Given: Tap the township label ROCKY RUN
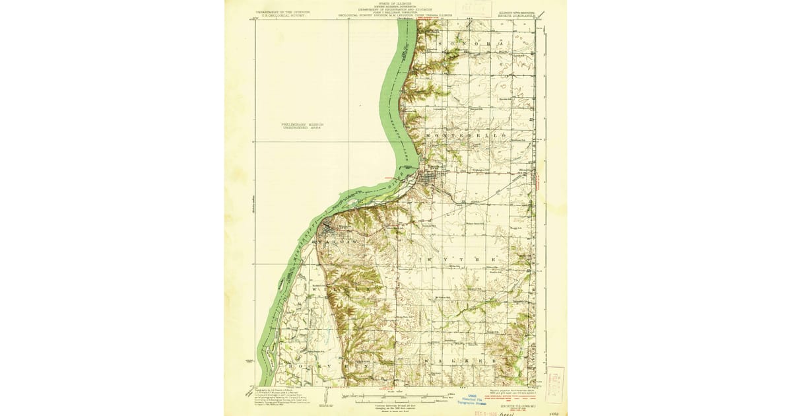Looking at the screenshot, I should [x=317, y=364].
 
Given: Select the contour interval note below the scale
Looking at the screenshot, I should [x=396, y=404].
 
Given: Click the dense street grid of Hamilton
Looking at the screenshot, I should [x=430, y=179].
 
